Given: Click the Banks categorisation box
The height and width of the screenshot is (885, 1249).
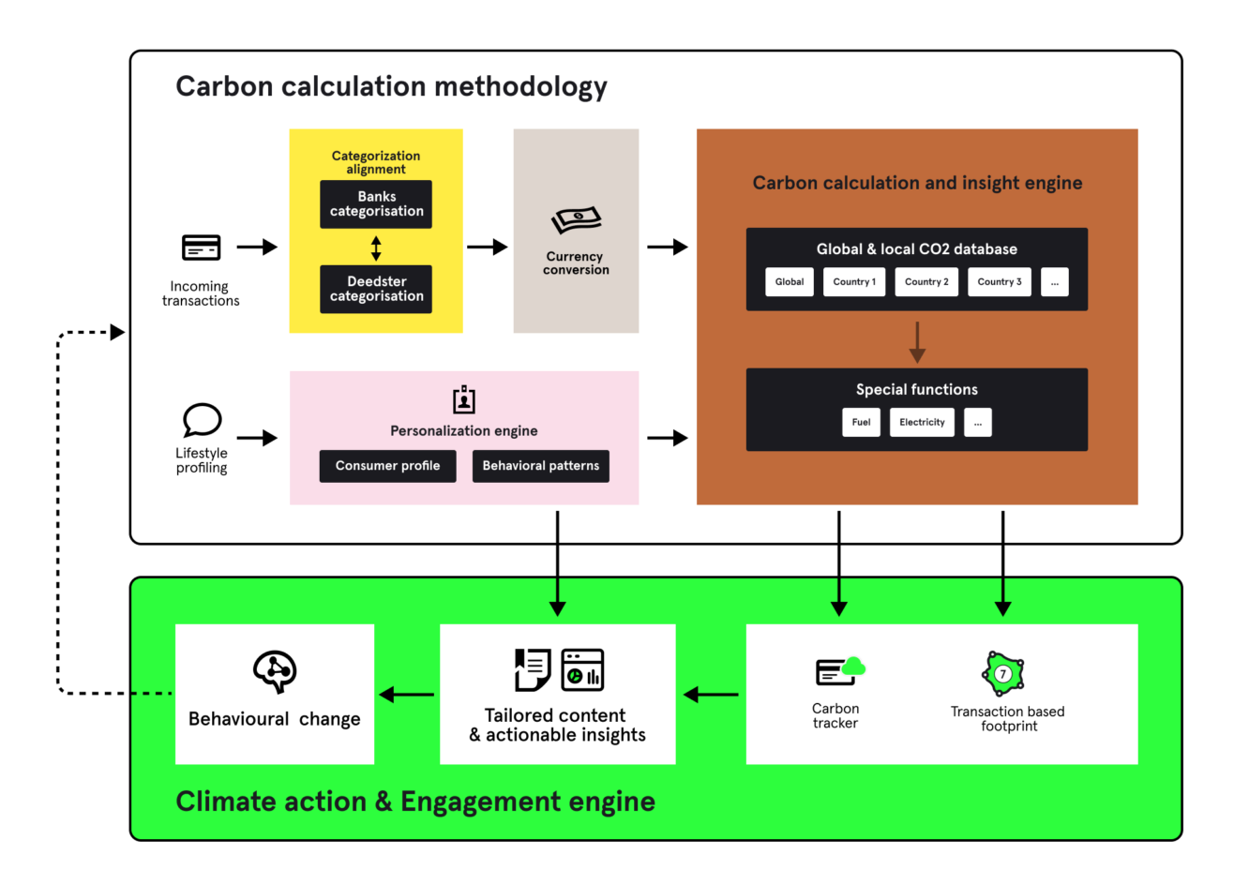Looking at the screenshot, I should coord(376,204).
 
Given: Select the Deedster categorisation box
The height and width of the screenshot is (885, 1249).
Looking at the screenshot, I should coord(376,289).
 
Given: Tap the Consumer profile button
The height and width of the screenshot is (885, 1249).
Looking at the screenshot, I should coord(387,466).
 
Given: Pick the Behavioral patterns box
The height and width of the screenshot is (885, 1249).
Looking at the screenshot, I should coord(540,466).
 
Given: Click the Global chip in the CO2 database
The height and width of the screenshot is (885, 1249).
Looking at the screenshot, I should coord(789,282).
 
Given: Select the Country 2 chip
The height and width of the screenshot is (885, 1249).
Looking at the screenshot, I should coord(926,282).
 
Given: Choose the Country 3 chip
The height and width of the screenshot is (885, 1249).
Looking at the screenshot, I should coord(999,282).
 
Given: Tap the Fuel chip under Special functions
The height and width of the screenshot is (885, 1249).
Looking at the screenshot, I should coord(861,423).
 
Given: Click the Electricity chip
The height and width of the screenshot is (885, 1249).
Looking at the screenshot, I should coord(922,423).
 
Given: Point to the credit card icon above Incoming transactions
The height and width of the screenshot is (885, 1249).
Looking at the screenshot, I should coord(201,247).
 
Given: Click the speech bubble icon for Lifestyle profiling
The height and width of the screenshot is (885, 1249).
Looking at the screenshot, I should coord(202,420).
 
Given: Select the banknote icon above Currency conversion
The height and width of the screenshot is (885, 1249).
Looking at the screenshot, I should coord(576,221).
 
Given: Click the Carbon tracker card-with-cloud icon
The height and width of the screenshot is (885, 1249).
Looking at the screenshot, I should coord(839,671).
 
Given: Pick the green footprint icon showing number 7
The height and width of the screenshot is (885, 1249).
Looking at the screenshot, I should coord(1002,673).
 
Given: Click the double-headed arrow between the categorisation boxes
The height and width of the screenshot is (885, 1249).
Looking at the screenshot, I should coord(376,248).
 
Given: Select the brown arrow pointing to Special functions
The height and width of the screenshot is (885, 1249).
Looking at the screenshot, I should coord(917,342).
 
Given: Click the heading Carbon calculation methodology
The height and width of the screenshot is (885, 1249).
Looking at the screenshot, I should coord(391,86).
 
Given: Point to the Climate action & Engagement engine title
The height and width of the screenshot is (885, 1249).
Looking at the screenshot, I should coord(415,802).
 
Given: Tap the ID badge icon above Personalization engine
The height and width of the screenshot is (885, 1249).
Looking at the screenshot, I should coord(463,399).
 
